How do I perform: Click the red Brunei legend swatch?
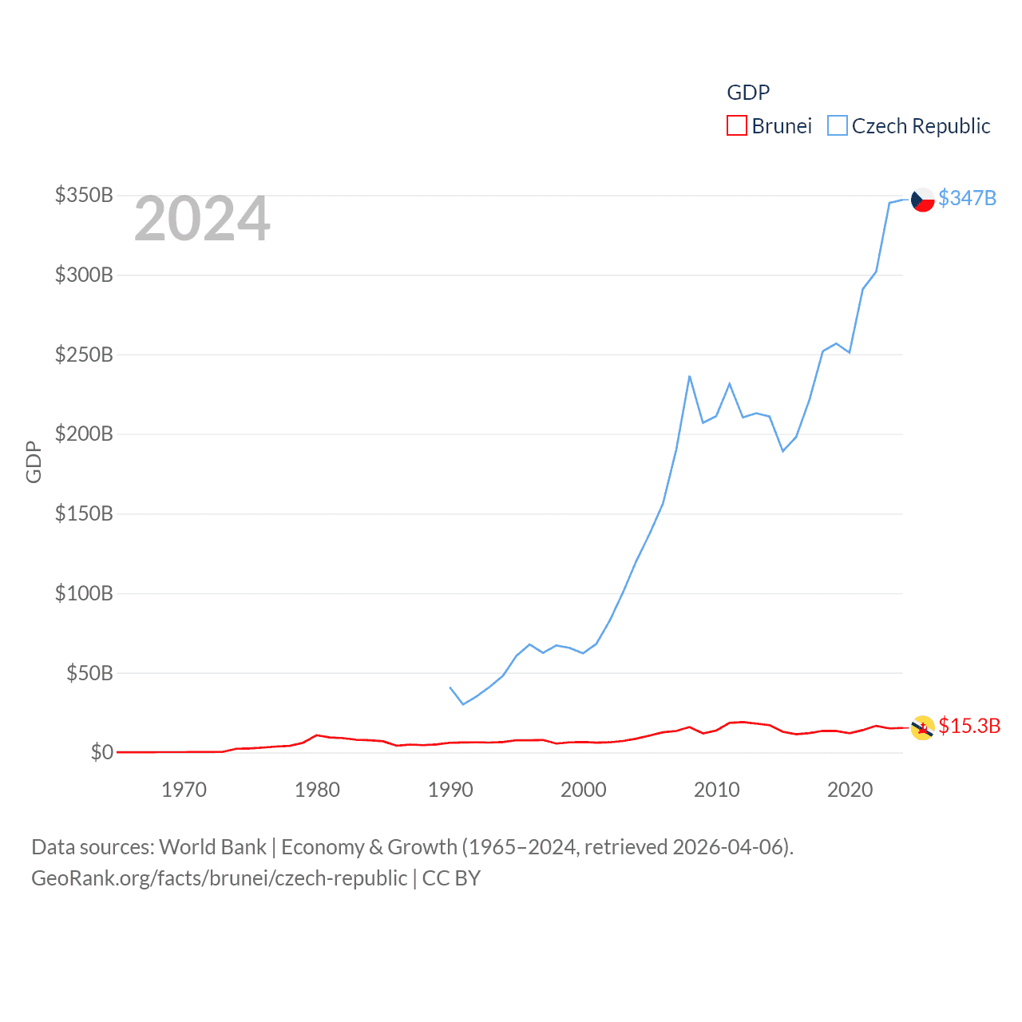click(736, 126)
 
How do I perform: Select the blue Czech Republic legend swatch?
click(837, 126)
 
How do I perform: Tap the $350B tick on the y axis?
click(84, 195)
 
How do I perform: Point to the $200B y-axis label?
click(84, 434)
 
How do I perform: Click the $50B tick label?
click(89, 673)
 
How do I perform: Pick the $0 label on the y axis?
click(101, 752)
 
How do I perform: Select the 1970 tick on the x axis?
click(184, 790)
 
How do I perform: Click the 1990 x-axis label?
click(450, 790)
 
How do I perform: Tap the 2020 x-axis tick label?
click(850, 790)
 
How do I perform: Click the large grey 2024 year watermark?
click(202, 220)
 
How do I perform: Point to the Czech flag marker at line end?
click(923, 199)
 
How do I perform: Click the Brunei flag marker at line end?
click(923, 727)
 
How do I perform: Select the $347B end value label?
click(967, 198)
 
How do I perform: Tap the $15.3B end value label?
click(969, 726)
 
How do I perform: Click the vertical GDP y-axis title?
click(34, 461)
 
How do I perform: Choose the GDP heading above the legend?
click(748, 93)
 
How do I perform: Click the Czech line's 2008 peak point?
click(690, 376)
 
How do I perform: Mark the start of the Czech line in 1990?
click(450, 687)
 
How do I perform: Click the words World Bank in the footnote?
click(212, 847)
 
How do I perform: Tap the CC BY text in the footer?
click(451, 878)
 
